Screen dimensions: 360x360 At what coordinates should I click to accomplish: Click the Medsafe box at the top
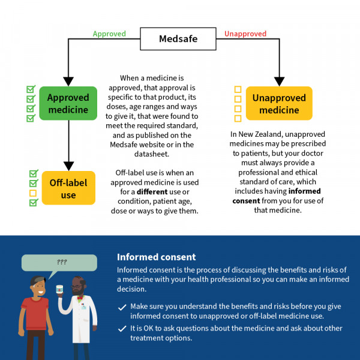point(178,40)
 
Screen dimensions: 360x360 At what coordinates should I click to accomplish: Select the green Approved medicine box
point(68,103)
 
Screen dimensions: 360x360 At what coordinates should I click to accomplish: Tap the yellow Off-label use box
point(68,188)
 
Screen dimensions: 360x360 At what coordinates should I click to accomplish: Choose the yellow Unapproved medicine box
point(275,103)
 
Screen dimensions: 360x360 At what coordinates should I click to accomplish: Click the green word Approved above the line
point(109,34)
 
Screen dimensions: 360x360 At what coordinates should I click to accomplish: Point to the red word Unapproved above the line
point(245,34)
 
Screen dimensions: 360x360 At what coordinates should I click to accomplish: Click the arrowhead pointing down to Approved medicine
point(68,80)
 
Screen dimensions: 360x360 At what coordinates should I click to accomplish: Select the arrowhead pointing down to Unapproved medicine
point(279,80)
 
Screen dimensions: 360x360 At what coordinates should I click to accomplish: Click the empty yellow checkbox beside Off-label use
point(33,193)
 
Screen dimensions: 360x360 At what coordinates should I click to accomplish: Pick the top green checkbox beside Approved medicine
point(31,89)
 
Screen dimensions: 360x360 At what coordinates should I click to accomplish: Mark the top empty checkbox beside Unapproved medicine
point(238,89)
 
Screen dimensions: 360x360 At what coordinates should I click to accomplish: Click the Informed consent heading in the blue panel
point(156,257)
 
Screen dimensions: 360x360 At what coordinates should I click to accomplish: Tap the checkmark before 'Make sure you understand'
point(122,307)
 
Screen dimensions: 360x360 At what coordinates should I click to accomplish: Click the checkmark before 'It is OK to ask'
point(122,329)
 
